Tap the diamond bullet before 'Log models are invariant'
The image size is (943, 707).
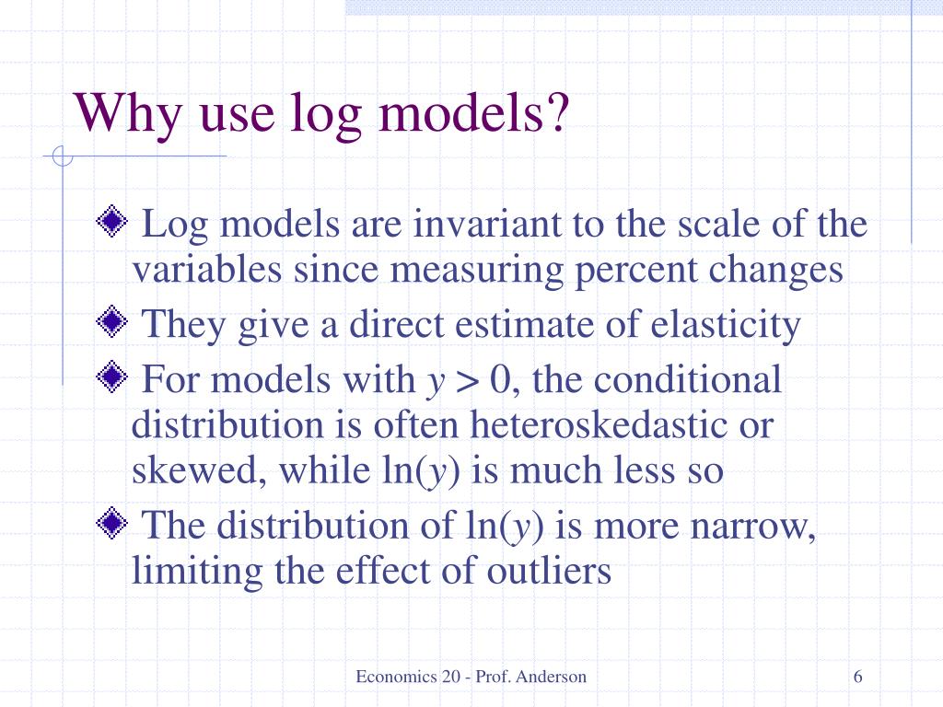tap(111, 222)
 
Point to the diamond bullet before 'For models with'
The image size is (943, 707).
tap(111, 377)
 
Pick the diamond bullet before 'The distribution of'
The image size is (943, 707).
tap(111, 524)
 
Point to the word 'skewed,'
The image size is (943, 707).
tap(200, 471)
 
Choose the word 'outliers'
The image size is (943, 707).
tap(549, 572)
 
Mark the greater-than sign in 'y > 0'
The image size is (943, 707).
tap(468, 379)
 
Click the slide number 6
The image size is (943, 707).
tap(858, 678)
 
